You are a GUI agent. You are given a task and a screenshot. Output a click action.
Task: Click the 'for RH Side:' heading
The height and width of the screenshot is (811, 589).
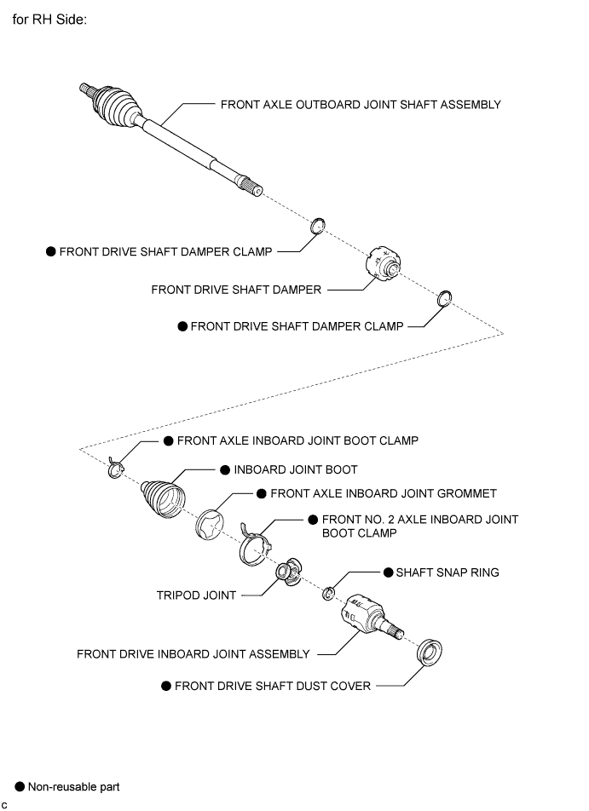(x=49, y=20)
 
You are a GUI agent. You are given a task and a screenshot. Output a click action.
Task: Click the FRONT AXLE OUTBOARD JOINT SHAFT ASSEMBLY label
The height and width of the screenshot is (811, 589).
(x=361, y=105)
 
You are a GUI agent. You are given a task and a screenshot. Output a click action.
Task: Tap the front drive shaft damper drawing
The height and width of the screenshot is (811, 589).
(x=384, y=264)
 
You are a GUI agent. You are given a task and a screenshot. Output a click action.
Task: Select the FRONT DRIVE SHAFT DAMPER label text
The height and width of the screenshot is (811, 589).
(x=236, y=290)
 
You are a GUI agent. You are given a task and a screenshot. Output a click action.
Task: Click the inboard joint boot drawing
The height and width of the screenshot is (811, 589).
(x=163, y=498)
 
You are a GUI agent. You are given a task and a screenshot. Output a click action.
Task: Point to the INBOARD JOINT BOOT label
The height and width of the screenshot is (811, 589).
(x=296, y=469)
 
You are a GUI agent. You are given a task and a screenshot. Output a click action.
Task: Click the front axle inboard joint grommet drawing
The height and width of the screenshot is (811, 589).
(x=210, y=525)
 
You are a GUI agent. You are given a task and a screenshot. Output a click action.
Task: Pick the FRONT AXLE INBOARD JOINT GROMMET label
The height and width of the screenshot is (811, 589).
(x=384, y=493)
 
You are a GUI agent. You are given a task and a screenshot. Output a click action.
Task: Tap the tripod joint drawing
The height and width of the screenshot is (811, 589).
(x=289, y=572)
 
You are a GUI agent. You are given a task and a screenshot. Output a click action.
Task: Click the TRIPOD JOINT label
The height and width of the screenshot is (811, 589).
(x=196, y=595)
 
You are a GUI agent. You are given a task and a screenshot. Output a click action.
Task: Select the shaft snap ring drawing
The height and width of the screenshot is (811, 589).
(x=328, y=594)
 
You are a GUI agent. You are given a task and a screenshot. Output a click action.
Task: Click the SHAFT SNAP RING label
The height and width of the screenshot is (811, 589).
(x=448, y=572)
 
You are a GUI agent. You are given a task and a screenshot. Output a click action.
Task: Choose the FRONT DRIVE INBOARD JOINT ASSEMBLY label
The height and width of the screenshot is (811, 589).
(x=193, y=654)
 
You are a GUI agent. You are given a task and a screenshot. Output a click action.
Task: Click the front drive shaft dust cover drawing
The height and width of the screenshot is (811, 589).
(x=430, y=652)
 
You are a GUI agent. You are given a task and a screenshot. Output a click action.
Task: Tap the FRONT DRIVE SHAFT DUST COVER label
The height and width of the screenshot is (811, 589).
(x=273, y=686)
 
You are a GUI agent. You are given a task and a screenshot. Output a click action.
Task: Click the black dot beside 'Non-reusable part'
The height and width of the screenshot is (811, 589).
(x=20, y=786)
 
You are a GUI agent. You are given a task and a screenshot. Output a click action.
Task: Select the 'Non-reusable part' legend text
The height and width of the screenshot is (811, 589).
(x=73, y=786)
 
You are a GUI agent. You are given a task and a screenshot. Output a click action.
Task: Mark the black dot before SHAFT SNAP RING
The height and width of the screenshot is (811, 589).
(x=388, y=572)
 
